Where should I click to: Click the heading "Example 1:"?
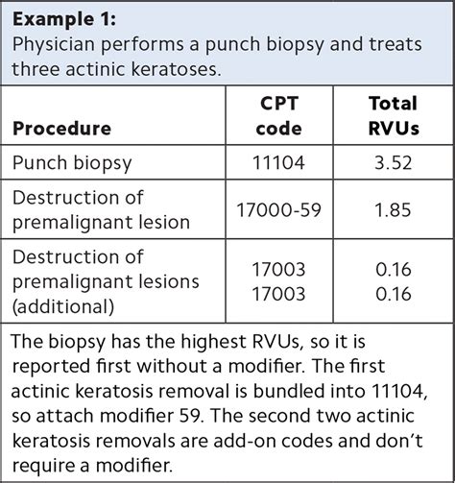64,20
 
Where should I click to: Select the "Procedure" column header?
61,128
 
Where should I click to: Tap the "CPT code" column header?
280,115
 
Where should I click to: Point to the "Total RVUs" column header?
393,115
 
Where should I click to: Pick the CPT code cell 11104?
280,163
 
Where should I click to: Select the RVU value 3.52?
393,163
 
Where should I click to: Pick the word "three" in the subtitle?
39,68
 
